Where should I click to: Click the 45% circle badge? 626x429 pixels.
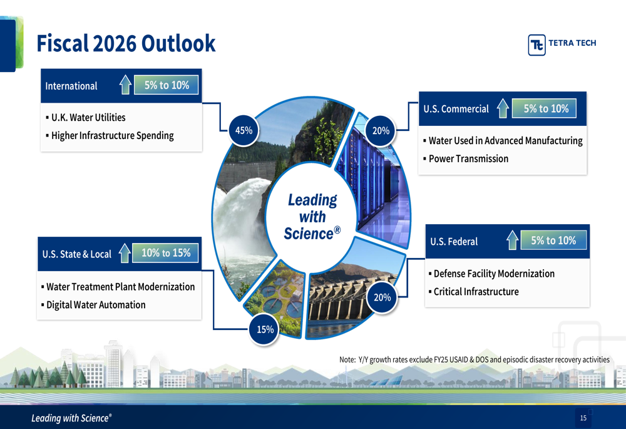(x=244, y=131)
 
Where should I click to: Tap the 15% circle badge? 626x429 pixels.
(x=264, y=329)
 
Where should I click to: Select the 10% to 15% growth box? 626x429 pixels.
(x=166, y=253)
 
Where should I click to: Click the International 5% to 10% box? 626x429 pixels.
(x=167, y=85)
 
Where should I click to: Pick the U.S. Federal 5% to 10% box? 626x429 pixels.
(x=553, y=240)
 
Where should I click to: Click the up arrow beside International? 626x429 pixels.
(x=125, y=85)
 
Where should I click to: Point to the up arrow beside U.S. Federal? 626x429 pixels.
(x=512, y=240)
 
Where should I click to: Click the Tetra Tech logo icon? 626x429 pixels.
(x=536, y=44)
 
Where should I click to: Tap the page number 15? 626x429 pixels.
(x=583, y=418)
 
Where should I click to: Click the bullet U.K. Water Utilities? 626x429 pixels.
(x=86, y=118)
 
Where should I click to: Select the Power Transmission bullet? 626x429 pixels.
(x=466, y=158)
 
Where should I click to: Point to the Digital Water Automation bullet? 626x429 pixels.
(x=93, y=305)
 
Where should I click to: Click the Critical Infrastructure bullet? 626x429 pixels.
(x=473, y=292)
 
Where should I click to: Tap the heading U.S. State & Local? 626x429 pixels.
(x=76, y=254)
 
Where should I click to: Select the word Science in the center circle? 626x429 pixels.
(x=309, y=234)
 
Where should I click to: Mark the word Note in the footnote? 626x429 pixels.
(x=347, y=359)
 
